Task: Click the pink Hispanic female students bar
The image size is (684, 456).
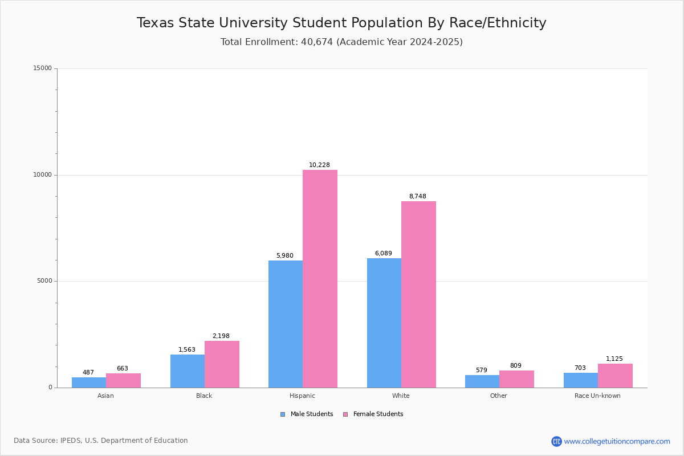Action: pyautogui.click(x=320, y=279)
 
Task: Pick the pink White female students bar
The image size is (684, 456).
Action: pyautogui.click(x=418, y=294)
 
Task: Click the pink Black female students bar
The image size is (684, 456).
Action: pyautogui.click(x=222, y=364)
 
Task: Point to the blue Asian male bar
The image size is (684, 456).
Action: pyautogui.click(x=89, y=382)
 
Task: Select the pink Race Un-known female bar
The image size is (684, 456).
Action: pyautogui.click(x=615, y=376)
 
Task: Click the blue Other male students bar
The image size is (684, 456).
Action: pyautogui.click(x=482, y=381)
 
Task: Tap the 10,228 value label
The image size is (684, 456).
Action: pyautogui.click(x=319, y=165)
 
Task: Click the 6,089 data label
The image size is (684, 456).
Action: pyautogui.click(x=383, y=254)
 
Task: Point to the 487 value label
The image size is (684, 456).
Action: pyautogui.click(x=88, y=373)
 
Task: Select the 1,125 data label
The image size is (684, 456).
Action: pyautogui.click(x=614, y=359)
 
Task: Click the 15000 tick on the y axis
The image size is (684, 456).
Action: pyautogui.click(x=42, y=68)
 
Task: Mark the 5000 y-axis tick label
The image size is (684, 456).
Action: pyautogui.click(x=44, y=281)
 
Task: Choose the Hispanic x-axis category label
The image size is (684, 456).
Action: pyautogui.click(x=302, y=396)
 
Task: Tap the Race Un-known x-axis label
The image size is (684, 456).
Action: pyautogui.click(x=597, y=396)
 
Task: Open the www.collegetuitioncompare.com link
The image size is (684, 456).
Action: pyautogui.click(x=617, y=441)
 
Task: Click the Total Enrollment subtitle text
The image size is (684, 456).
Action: pyautogui.click(x=341, y=42)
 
